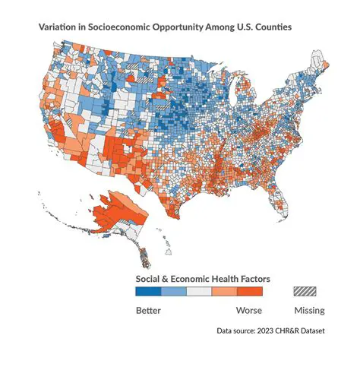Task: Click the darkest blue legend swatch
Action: tap(148, 291)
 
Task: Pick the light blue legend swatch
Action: tap(173, 291)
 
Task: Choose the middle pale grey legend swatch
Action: tap(199, 291)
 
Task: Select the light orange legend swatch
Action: tap(224, 291)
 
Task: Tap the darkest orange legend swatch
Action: tap(250, 291)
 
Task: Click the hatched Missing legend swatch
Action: tap(307, 291)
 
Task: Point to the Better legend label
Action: tap(149, 310)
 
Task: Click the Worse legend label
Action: tap(248, 310)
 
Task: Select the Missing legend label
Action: tap(309, 310)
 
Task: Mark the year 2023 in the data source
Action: tap(270, 331)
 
